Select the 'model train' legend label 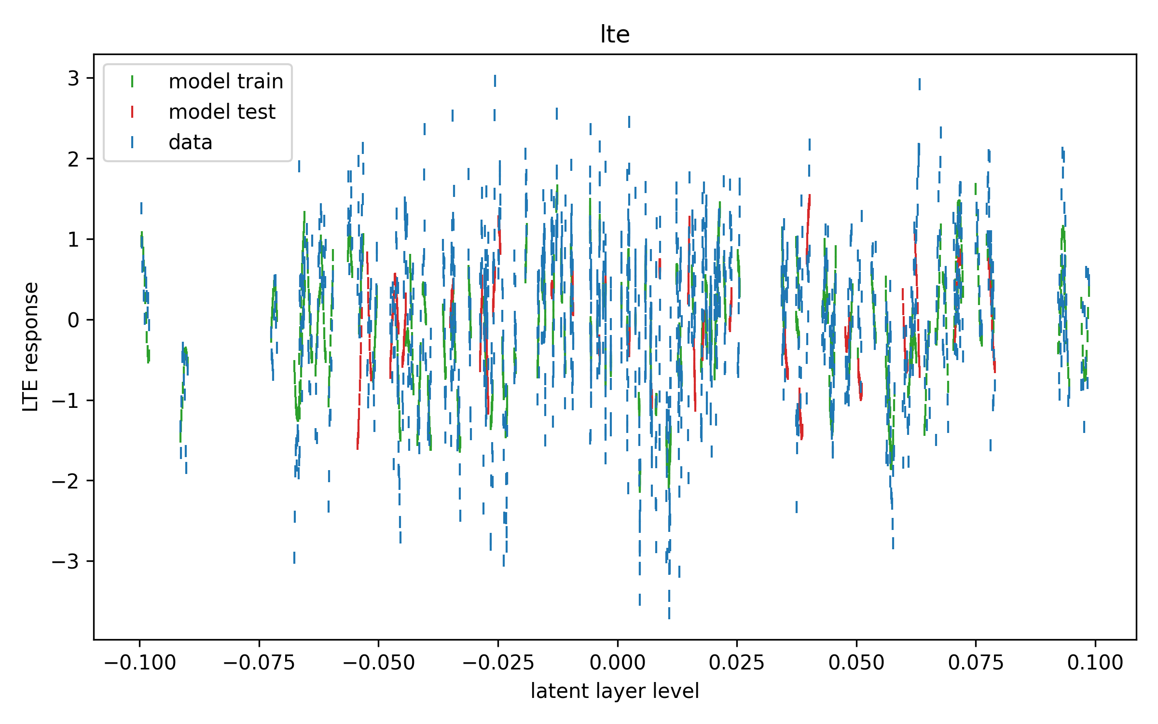tap(226, 82)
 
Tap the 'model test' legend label tap(222, 112)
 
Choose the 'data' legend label tap(191, 142)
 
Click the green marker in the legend tap(132, 82)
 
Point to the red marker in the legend tap(132, 112)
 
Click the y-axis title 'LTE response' tap(31, 347)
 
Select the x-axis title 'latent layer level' tap(615, 691)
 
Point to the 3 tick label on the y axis tap(73, 78)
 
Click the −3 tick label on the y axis tap(66, 561)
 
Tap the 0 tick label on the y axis tap(73, 320)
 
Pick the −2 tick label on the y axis tap(66, 481)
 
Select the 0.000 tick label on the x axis tap(618, 663)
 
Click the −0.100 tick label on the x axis tap(140, 663)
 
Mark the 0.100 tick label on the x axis tap(1095, 663)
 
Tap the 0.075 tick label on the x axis tap(976, 663)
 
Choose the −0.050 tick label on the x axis tap(379, 663)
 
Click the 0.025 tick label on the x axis tap(737, 663)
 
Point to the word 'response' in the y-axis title tap(31, 326)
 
